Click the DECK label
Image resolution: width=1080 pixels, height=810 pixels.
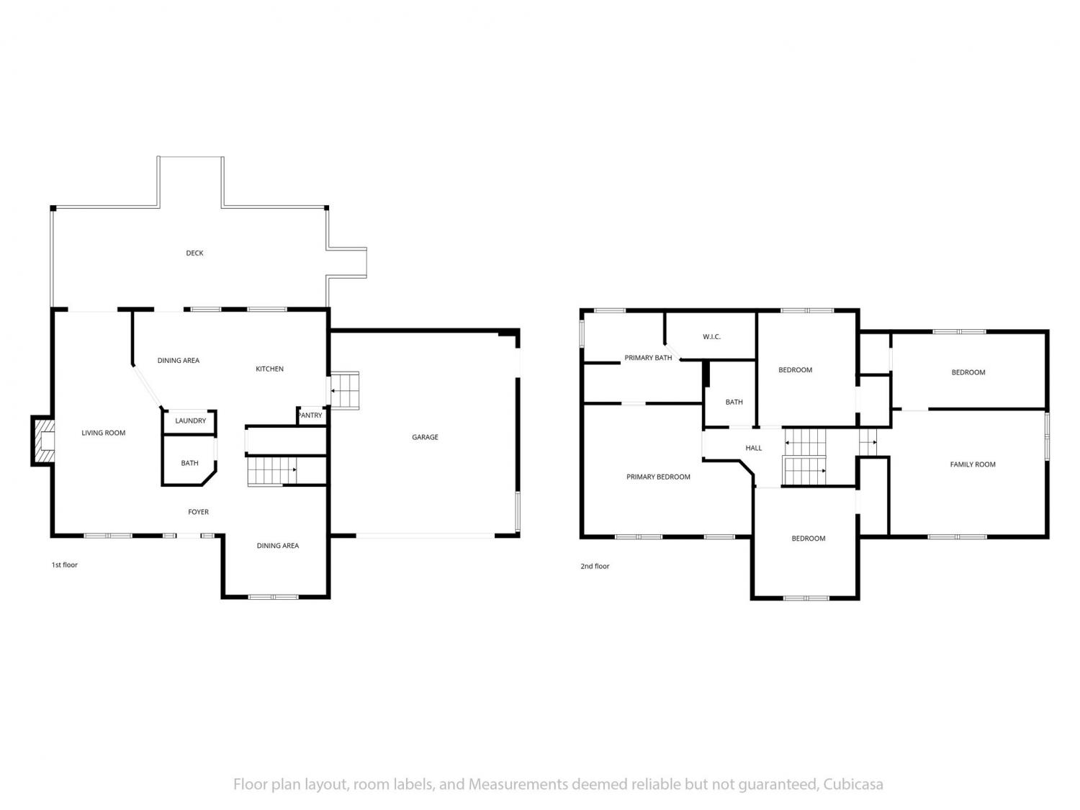click(194, 253)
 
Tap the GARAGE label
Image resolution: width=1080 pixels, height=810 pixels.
click(425, 437)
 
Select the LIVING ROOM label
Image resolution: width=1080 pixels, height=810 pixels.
click(104, 433)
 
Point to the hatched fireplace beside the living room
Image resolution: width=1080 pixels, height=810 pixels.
click(43, 441)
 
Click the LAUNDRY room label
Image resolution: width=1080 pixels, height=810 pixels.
click(190, 420)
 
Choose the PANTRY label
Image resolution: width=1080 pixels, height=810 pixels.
click(310, 415)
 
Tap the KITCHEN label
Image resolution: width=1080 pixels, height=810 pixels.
click(269, 369)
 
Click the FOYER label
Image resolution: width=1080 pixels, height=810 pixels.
click(198, 512)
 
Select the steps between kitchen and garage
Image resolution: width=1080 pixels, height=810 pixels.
click(344, 390)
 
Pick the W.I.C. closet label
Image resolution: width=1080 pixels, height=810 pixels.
click(711, 337)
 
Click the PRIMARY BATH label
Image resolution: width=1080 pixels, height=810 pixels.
click(648, 358)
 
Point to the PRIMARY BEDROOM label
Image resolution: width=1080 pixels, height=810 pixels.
click(658, 477)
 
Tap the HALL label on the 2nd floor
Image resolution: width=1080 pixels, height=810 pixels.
click(753, 448)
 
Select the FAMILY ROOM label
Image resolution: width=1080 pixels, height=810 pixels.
click(972, 464)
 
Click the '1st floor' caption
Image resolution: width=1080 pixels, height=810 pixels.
click(65, 564)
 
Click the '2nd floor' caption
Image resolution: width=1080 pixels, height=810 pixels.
click(595, 566)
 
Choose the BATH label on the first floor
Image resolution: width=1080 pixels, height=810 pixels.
click(189, 463)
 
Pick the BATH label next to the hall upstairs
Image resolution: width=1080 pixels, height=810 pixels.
click(734, 402)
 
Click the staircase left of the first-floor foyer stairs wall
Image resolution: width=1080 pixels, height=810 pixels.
click(272, 471)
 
